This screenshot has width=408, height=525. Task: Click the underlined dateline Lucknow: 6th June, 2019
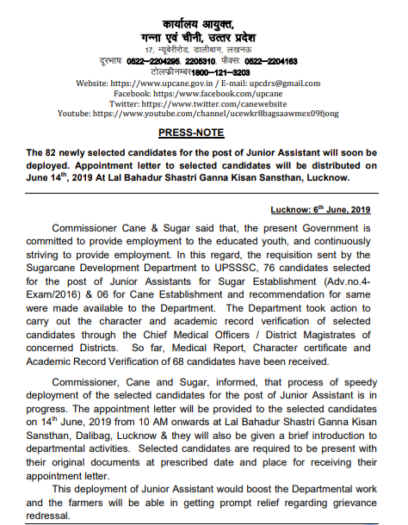coord(319,210)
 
